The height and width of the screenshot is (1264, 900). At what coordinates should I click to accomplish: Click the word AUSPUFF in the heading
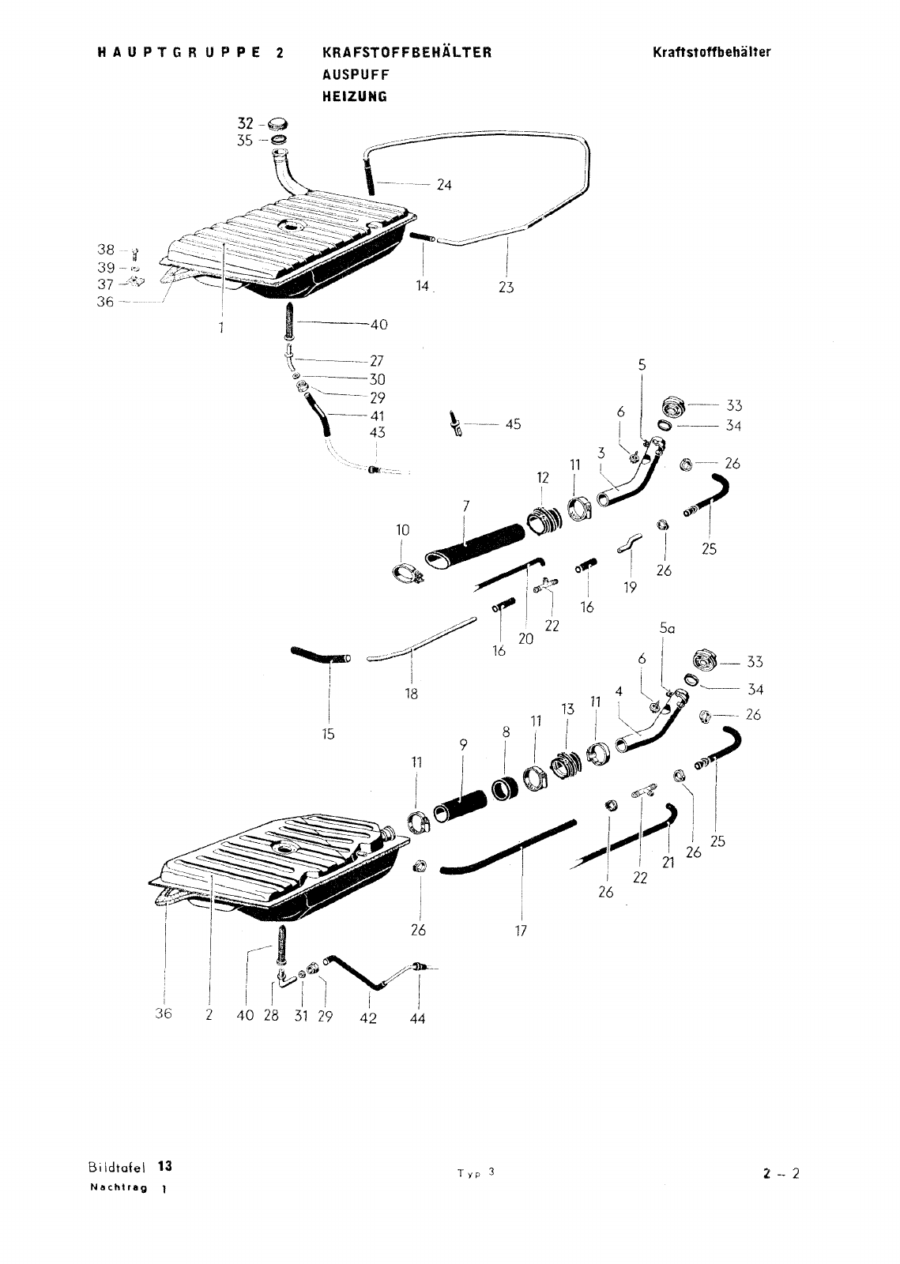(x=356, y=74)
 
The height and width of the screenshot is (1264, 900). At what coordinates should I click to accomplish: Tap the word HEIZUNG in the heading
(x=355, y=96)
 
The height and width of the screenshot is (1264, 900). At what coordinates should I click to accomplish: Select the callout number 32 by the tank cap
(x=246, y=123)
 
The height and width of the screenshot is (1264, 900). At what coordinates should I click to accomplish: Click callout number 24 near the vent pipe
(x=444, y=185)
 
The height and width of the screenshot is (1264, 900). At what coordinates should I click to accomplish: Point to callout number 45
(x=513, y=423)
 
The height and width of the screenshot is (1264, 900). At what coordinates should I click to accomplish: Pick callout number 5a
(x=667, y=628)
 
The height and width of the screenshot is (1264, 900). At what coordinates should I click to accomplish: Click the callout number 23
(x=506, y=288)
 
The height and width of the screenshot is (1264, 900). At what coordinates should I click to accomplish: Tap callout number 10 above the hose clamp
(x=402, y=530)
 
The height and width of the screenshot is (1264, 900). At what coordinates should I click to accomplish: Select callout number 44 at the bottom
(x=417, y=1018)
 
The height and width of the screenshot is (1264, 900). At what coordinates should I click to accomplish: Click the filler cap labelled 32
(x=277, y=123)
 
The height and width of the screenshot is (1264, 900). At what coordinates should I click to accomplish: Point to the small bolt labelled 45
(x=455, y=423)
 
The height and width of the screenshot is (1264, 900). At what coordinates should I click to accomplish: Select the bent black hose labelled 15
(x=321, y=656)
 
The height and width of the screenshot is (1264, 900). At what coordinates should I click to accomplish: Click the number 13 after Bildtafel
(x=165, y=1166)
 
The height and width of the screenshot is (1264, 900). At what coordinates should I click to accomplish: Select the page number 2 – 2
(x=781, y=1174)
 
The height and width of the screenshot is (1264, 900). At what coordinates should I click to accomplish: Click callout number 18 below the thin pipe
(x=412, y=694)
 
